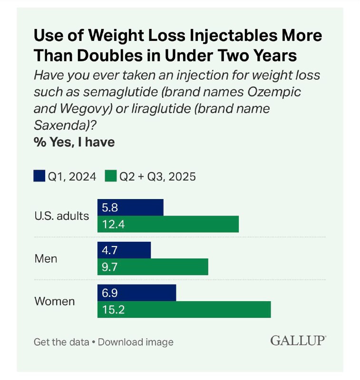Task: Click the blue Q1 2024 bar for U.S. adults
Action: pos(130,208)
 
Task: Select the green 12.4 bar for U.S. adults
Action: pos(168,224)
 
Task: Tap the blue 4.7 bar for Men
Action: pos(124,250)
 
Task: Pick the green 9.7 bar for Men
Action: pos(153,267)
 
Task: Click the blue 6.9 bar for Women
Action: pos(136,293)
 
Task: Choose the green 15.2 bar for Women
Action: pos(184,310)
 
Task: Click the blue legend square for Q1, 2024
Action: pos(39,176)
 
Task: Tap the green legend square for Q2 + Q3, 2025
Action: pos(111,176)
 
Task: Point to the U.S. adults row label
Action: pos(62,216)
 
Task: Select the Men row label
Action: pos(46,258)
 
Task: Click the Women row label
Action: pos(55,301)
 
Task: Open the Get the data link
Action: pos(61,342)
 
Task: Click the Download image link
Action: pos(136,342)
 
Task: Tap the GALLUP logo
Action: pos(298,341)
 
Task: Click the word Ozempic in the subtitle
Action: pos(274,92)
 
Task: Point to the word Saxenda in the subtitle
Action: pos(61,125)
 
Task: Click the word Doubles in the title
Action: pos(110,55)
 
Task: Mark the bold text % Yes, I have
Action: pos(74,142)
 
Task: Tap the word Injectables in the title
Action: pos(234,36)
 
